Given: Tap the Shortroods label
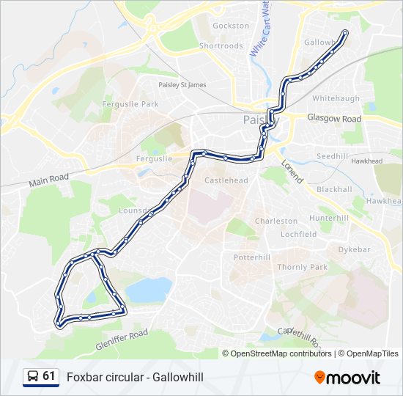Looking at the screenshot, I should [x=221, y=45].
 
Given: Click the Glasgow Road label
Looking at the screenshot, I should [x=334, y=119].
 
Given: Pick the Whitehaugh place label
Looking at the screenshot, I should [x=336, y=98].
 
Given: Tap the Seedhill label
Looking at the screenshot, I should [x=333, y=156].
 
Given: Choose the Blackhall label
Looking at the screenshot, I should [x=334, y=189].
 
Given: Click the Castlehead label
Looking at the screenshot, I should [x=226, y=180].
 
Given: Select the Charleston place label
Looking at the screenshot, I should [x=276, y=221].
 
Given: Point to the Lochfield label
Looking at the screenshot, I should [x=298, y=235].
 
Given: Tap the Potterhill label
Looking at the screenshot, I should [x=252, y=257].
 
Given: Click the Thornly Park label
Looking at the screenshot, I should [x=303, y=267].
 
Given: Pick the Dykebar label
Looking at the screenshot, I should [x=355, y=249].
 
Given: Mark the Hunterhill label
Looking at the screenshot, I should [x=329, y=219].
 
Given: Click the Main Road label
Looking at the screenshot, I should [x=49, y=181].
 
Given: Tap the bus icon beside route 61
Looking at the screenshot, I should [x=33, y=377].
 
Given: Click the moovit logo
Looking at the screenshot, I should [x=347, y=377].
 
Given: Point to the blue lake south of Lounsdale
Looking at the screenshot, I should [x=148, y=290].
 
